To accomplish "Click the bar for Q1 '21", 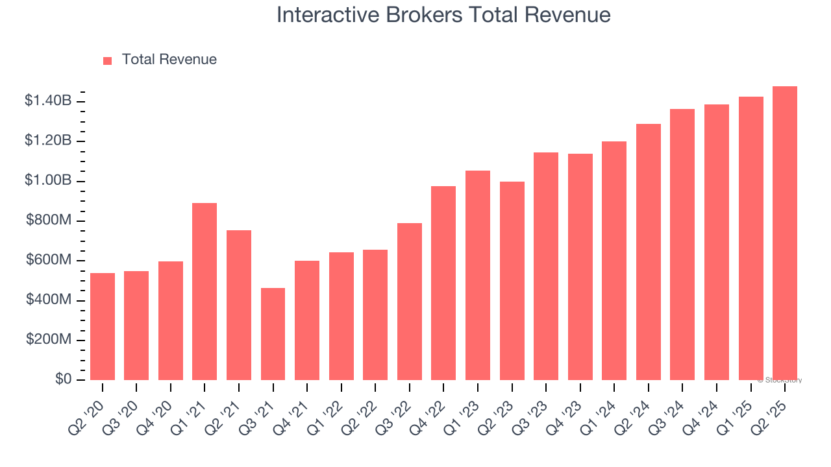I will click(205, 291).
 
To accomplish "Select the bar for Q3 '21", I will click(273, 333).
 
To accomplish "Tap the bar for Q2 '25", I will click(785, 233).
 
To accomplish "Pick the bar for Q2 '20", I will click(103, 326).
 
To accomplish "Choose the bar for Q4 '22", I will click(443, 283).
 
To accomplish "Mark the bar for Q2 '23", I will click(512, 280).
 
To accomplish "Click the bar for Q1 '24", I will click(614, 261).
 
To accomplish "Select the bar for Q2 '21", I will click(239, 305).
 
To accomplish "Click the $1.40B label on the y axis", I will click(48, 101).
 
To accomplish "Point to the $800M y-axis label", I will click(49, 221).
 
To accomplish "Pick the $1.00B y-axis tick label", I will click(48, 180).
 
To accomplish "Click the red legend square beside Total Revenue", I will click(108, 60).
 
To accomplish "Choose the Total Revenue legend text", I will click(169, 60).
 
